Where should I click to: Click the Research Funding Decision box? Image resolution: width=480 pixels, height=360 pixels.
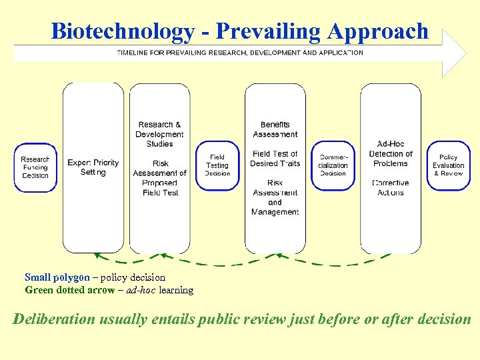tap(35, 167)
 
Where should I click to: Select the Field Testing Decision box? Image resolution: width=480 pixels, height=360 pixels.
tap(217, 165)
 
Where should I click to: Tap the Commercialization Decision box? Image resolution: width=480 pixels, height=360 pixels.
tap(333, 165)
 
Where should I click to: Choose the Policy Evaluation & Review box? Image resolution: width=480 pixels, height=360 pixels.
tap(449, 165)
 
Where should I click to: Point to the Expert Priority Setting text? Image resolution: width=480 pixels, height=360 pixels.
tap(93, 167)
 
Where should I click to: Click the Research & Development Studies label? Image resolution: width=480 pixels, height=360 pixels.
tap(159, 134)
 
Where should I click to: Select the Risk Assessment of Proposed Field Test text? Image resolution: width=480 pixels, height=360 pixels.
tap(160, 178)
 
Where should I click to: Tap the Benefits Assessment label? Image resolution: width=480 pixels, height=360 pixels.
tap(275, 129)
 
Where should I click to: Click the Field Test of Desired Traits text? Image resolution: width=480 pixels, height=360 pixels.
tap(275, 159)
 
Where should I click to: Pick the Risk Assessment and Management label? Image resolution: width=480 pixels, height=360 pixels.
tap(275, 197)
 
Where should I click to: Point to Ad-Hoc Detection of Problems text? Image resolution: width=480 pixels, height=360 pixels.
tap(391, 153)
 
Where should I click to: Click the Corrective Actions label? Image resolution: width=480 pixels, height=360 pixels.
tap(391, 187)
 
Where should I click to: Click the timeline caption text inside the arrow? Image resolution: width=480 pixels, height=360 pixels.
tap(240, 53)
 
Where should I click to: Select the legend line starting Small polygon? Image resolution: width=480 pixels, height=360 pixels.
tap(95, 277)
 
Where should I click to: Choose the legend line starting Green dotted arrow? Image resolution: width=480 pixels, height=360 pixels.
tap(109, 290)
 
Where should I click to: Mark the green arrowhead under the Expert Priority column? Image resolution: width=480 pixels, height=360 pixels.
tap(98, 255)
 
